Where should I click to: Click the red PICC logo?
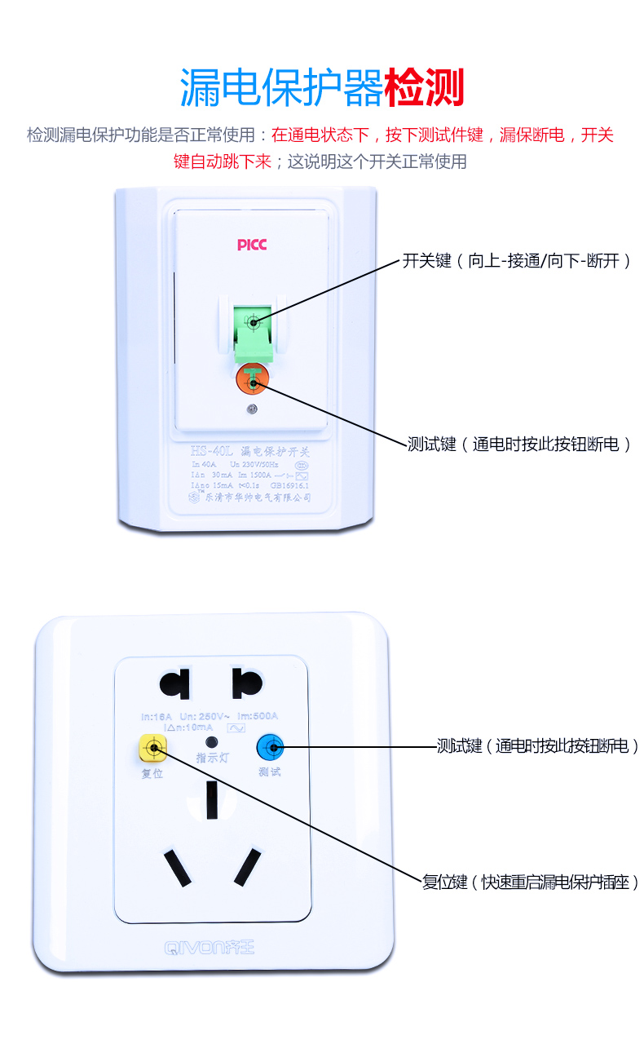252,245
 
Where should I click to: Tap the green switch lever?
254,330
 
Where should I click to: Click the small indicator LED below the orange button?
253,409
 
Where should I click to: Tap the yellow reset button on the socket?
153,747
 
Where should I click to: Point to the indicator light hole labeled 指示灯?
212,742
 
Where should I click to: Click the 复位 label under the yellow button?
152,773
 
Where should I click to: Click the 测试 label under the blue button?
269,772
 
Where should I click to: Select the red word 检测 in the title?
423,88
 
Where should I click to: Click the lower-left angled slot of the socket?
177,869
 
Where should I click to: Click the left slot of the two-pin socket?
175,683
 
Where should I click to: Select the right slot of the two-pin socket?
246,683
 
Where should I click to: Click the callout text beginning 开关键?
517,261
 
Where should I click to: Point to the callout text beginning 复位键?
530,882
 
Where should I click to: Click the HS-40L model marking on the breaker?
212,450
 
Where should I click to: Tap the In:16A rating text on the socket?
157,717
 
